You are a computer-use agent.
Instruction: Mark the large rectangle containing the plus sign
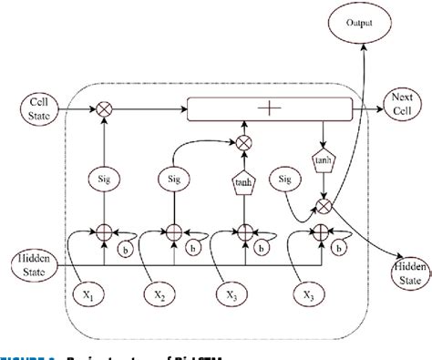[x=269, y=108]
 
